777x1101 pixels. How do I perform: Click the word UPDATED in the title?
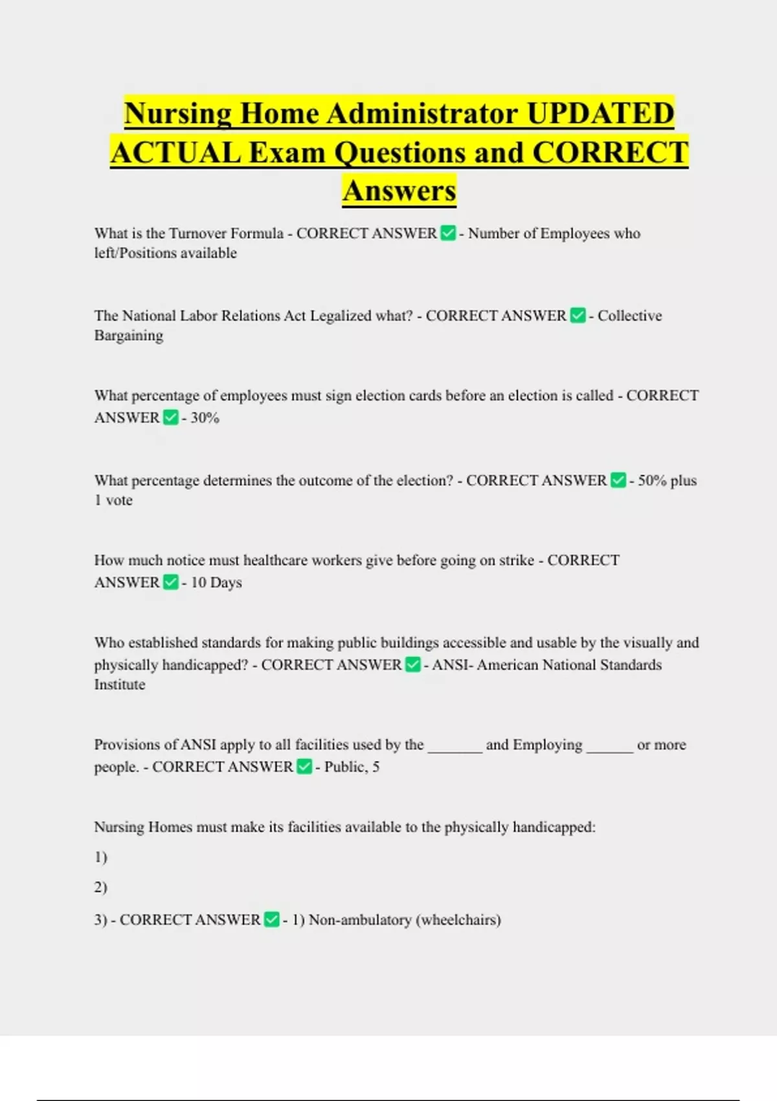(x=600, y=113)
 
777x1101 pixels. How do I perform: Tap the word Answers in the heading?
(x=400, y=190)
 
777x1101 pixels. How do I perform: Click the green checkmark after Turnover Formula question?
(x=448, y=233)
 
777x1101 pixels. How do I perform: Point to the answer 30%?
(x=205, y=418)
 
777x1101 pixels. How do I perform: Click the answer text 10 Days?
(x=216, y=582)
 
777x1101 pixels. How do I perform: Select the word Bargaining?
(x=129, y=335)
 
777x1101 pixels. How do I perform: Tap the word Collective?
(x=629, y=316)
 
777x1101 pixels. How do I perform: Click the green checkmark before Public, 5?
(x=304, y=767)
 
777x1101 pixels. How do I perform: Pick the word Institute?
(x=120, y=685)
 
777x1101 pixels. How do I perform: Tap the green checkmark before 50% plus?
(x=618, y=481)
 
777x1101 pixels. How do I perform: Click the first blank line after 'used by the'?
(x=455, y=746)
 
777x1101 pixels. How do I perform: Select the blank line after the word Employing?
(x=609, y=746)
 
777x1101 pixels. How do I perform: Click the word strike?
(x=517, y=560)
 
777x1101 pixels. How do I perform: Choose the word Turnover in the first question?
(x=197, y=233)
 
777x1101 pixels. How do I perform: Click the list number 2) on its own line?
(x=100, y=887)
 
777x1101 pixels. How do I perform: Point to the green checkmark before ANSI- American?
(x=412, y=665)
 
